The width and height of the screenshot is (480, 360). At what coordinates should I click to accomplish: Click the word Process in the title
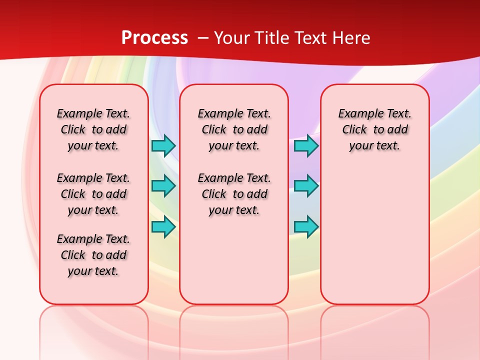pyautogui.click(x=154, y=37)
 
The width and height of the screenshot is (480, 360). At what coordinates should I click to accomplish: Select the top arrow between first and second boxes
pyautogui.click(x=163, y=145)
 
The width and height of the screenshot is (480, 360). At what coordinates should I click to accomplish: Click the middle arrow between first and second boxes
pyautogui.click(x=163, y=186)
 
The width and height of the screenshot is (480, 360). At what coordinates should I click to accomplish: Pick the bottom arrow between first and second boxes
pyautogui.click(x=163, y=226)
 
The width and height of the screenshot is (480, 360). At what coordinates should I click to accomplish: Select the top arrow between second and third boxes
pyautogui.click(x=306, y=145)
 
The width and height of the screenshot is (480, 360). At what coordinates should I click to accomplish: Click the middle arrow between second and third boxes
pyautogui.click(x=306, y=186)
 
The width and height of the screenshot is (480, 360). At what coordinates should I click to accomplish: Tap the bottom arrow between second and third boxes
pyautogui.click(x=306, y=226)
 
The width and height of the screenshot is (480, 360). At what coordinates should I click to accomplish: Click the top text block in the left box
pyautogui.click(x=93, y=129)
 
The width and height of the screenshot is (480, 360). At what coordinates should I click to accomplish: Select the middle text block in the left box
pyautogui.click(x=93, y=194)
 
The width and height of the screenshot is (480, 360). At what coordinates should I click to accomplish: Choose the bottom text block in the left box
pyautogui.click(x=93, y=255)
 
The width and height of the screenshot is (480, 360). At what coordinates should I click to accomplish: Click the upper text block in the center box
pyautogui.click(x=234, y=129)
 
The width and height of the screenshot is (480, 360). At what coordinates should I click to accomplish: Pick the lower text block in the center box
pyautogui.click(x=234, y=194)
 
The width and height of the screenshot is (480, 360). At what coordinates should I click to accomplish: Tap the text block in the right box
pyautogui.click(x=374, y=129)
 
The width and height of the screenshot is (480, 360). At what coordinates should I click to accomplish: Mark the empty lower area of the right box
pyautogui.click(x=374, y=230)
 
